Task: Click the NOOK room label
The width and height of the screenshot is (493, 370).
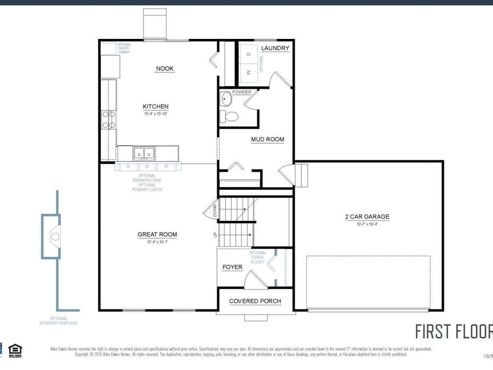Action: pyautogui.click(x=164, y=69)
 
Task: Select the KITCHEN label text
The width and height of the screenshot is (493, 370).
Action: pyautogui.click(x=156, y=106)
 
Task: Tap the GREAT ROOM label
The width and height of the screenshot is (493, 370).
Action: pyautogui.click(x=157, y=235)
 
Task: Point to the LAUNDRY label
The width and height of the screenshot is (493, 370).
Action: pyautogui.click(x=275, y=48)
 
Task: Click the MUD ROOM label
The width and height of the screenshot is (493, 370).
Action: pyautogui.click(x=267, y=139)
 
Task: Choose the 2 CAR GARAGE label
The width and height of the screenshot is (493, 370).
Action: pyautogui.click(x=367, y=217)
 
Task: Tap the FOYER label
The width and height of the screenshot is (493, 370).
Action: pyautogui.click(x=232, y=267)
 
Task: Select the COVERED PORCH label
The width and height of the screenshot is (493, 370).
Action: pyautogui.click(x=255, y=301)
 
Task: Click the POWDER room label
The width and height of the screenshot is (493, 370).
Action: pyautogui.click(x=242, y=92)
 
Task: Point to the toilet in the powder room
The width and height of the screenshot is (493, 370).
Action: pyautogui.click(x=230, y=116)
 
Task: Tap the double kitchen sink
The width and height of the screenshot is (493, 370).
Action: pyautogui.click(x=144, y=154)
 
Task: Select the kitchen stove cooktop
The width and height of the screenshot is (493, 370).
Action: pyautogui.click(x=106, y=119)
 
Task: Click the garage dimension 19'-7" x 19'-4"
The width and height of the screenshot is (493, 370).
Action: pyautogui.click(x=367, y=224)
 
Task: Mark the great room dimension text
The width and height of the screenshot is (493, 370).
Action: pyautogui.click(x=157, y=242)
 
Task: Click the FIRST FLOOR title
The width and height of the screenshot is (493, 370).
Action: pyautogui.click(x=453, y=332)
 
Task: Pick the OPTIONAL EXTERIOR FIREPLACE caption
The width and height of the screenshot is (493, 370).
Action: pyautogui.click(x=59, y=321)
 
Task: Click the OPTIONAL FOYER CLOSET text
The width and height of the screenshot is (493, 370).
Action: pyautogui.click(x=257, y=258)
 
